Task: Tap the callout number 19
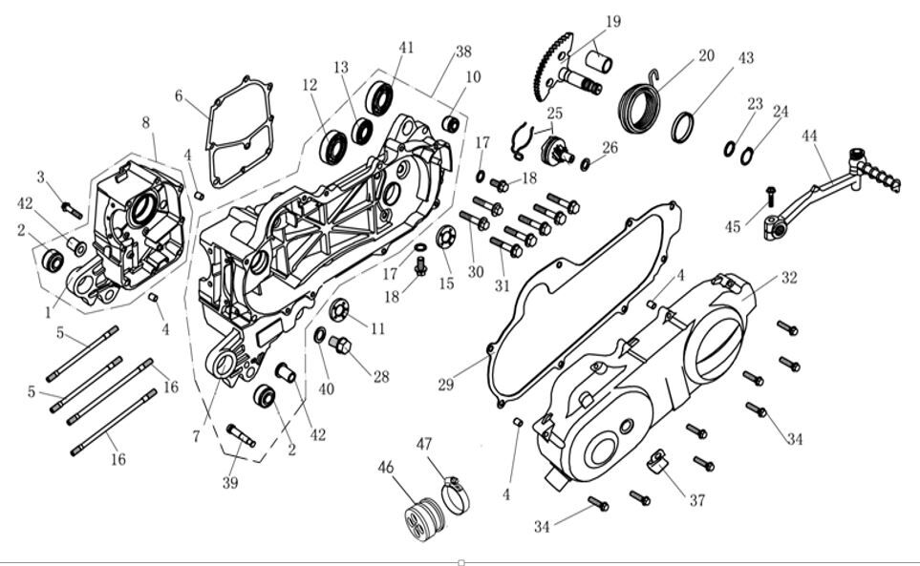point(612,21)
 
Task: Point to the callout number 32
point(788,279)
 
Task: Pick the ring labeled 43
point(683,127)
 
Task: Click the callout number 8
point(146,122)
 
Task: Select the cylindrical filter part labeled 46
point(423,515)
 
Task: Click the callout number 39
point(229,483)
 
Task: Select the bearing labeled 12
point(335,145)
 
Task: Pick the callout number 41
point(407,47)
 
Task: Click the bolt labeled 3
point(71,209)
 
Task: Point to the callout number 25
point(554,113)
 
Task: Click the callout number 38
point(463,51)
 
